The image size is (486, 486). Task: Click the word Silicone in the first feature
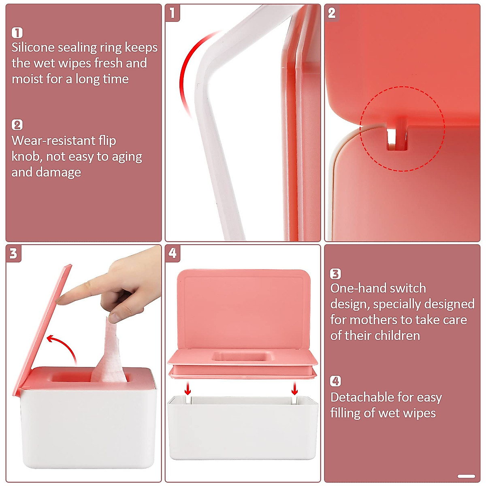coord(33,47)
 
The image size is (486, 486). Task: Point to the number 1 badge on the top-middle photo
coord(173,13)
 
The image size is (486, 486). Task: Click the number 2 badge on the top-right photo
coord(332,13)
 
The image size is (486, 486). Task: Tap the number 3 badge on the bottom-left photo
coord(13,254)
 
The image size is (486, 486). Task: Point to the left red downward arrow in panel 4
coord(188,389)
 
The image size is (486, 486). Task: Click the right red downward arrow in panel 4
coord(295,389)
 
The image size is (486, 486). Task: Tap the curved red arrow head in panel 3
coord(51,338)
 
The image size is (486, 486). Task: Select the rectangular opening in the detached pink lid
coord(242,356)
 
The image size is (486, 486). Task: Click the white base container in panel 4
coord(242,429)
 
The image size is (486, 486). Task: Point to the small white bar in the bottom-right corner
coord(466,476)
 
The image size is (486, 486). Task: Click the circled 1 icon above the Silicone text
coord(17,32)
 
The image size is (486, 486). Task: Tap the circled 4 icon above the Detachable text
coord(335,381)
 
